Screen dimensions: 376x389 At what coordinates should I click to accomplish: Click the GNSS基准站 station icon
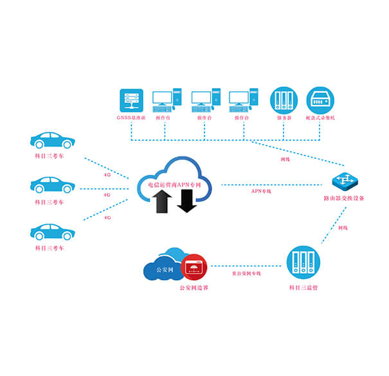click(132, 101)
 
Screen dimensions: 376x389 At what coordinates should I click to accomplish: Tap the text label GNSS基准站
click(132, 119)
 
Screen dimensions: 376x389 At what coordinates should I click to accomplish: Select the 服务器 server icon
click(284, 101)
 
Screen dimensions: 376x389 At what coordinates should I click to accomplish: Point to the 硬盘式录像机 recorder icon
click(320, 101)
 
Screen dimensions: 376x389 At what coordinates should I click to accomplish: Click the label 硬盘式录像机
click(321, 119)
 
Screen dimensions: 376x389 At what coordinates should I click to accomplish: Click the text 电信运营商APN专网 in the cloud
click(174, 184)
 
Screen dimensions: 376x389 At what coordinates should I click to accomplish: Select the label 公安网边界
click(193, 287)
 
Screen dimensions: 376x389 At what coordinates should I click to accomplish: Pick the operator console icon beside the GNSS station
click(167, 101)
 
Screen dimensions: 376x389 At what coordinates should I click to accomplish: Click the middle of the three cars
click(53, 185)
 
